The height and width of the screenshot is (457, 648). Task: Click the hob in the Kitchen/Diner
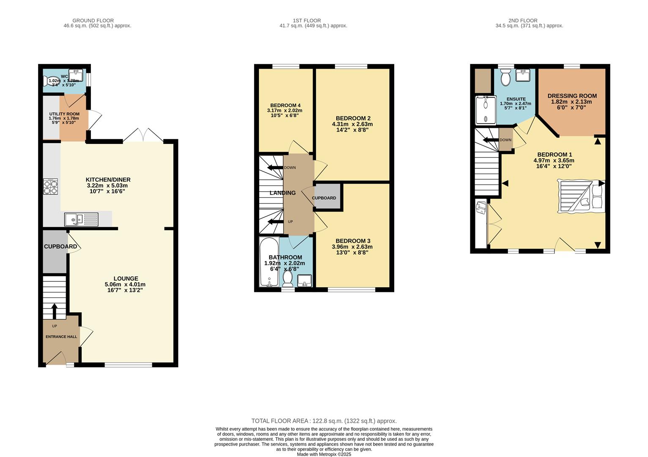(50, 187)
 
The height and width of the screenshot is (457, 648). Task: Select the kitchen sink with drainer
(81, 220)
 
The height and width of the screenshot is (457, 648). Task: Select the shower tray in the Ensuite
(486, 110)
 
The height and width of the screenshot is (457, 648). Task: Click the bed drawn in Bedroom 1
(581, 195)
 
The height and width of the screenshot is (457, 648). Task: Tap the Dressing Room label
(572, 96)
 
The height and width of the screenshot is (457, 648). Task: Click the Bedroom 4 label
(286, 105)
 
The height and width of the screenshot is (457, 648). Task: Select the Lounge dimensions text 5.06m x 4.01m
(125, 284)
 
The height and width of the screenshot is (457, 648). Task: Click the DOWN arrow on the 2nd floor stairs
(491, 140)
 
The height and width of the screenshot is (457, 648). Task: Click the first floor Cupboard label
(324, 198)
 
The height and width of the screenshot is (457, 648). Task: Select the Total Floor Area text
(324, 421)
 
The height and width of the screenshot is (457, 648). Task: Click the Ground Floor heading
(93, 20)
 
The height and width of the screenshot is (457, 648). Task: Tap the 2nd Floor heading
(523, 20)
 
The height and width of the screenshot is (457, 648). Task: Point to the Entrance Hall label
(61, 337)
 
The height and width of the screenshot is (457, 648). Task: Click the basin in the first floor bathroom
(304, 280)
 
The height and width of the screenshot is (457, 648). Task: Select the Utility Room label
(64, 114)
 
